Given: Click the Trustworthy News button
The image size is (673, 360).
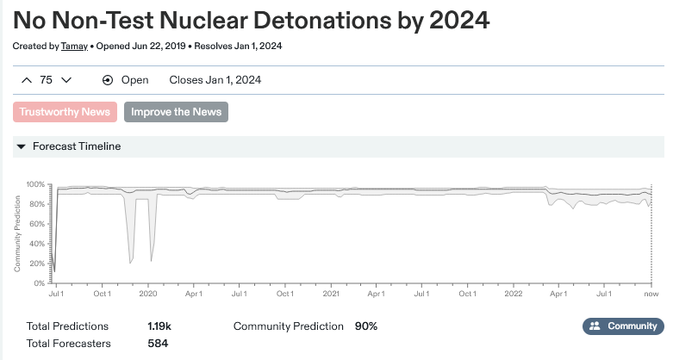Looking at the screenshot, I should point(65,111).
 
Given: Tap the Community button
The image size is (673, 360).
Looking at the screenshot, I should point(624,326).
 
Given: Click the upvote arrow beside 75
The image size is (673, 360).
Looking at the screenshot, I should point(27,80).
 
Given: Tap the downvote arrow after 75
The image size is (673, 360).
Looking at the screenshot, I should point(66,80).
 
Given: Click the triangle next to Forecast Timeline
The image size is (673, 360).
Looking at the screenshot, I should point(22,146).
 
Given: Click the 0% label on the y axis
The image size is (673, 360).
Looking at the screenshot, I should point(41,283).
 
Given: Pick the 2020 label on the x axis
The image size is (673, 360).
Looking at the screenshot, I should point(147,294).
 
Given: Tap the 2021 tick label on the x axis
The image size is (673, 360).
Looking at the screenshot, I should point(330,294).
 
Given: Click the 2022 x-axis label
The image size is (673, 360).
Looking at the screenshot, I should point(513,294).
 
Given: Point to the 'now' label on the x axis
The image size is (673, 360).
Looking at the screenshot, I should point(652,294).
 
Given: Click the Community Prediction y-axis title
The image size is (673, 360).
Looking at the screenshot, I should point(17,233).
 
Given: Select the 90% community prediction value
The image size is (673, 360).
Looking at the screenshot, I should point(365,326).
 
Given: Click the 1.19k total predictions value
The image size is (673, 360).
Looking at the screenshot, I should point(159,326).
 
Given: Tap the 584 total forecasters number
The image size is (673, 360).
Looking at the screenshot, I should point(158,344).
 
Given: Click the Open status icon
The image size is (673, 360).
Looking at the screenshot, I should point(108,80).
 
